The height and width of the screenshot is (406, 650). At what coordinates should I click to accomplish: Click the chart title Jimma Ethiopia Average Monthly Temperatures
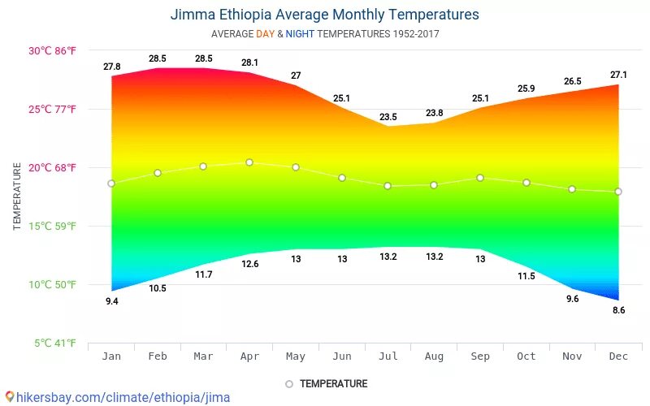[x=324, y=15]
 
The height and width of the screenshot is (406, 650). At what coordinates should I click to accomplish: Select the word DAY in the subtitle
[x=265, y=34]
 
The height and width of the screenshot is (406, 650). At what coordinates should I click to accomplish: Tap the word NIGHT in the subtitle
[x=300, y=34]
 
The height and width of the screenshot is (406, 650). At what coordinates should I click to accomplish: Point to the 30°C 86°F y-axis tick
[x=53, y=50]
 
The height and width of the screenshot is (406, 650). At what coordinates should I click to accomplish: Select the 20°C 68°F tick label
[x=53, y=168]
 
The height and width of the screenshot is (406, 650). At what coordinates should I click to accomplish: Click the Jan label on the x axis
[x=111, y=356]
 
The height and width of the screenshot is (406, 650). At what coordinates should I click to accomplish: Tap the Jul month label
[x=388, y=356]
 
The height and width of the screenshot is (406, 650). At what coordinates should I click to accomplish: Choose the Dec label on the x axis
[x=618, y=356]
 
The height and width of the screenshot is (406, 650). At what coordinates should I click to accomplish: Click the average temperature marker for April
[x=249, y=162]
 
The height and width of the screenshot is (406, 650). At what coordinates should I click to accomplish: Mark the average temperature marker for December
[x=618, y=192]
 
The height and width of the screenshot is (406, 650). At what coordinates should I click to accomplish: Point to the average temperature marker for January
[x=111, y=184]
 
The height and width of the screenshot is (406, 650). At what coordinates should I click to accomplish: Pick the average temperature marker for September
[x=480, y=178]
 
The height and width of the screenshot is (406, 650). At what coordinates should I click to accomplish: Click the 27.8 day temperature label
[x=112, y=67]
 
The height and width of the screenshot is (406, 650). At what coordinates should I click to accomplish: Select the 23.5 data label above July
[x=388, y=117]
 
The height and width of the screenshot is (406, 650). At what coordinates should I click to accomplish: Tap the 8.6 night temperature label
[x=619, y=310]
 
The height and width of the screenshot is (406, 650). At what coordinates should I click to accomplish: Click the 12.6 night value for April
[x=249, y=264]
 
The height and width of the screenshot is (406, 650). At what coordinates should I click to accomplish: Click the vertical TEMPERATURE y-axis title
[x=17, y=197]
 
